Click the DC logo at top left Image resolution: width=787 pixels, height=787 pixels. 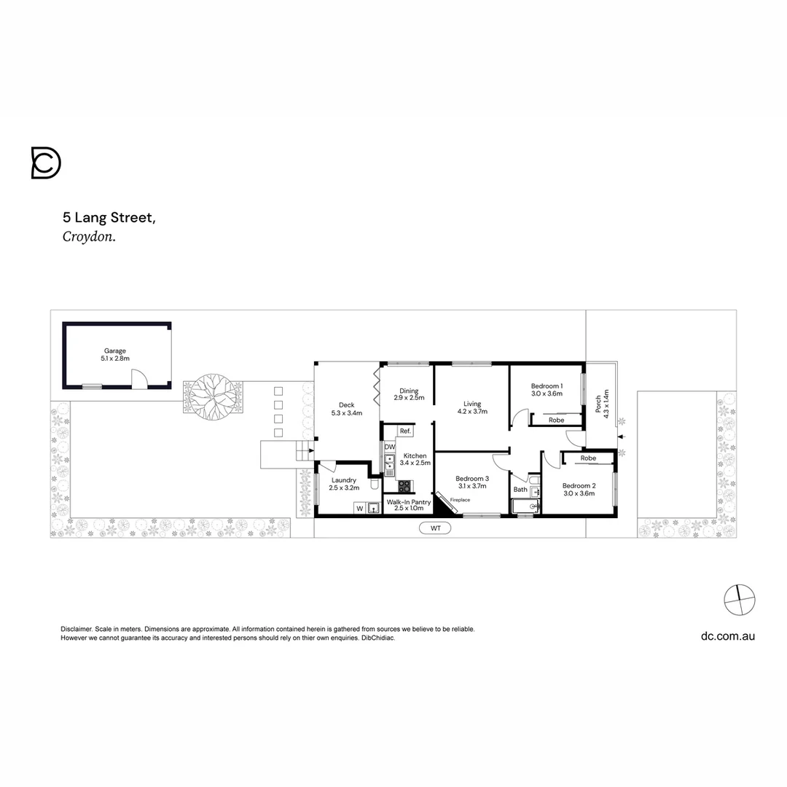click(x=45, y=163)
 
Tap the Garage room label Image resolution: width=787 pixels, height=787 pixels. click(x=115, y=355)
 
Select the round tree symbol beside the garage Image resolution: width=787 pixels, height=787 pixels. click(x=212, y=394)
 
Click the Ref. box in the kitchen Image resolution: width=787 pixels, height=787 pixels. click(x=405, y=431)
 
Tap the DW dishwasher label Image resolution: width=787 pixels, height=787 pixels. click(x=389, y=447)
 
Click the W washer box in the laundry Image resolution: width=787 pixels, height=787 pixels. click(x=359, y=508)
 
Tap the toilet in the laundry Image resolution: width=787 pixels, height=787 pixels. click(x=374, y=484)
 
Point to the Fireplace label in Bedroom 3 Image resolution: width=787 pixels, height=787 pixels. click(x=460, y=500)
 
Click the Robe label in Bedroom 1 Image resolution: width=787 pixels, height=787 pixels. click(x=556, y=420)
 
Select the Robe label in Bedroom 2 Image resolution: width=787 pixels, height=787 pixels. click(x=588, y=458)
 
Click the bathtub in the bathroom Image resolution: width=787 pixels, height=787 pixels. click(x=524, y=507)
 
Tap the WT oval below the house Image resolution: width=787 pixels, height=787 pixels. click(x=435, y=527)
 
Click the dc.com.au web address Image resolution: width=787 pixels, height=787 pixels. click(x=727, y=635)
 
